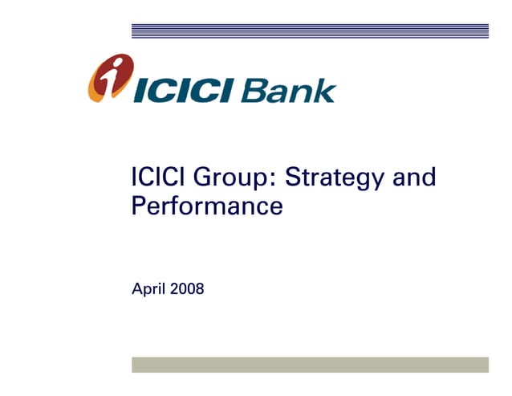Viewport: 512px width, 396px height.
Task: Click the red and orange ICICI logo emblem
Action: coord(109,78)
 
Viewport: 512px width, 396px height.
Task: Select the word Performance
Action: coord(206,206)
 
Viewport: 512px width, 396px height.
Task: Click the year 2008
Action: coord(187,288)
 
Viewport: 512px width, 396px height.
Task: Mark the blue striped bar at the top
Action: coord(310,31)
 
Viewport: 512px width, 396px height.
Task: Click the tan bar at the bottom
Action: coord(310,365)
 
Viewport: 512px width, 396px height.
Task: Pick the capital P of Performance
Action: coord(139,206)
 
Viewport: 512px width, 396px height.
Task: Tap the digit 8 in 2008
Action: coord(200,288)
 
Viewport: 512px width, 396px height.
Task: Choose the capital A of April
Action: coord(136,288)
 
